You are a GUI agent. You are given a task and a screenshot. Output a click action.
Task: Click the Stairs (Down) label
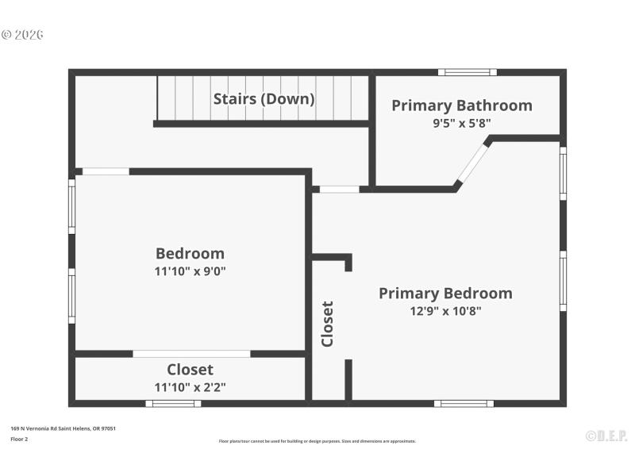264,99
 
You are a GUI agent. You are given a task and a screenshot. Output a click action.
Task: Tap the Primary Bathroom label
461,106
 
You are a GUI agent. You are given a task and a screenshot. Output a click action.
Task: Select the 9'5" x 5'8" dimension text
461,123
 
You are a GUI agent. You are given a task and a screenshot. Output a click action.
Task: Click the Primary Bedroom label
445,293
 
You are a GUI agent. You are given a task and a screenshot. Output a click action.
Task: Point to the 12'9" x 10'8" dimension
445,311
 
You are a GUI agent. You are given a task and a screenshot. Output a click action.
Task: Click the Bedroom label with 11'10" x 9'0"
190,253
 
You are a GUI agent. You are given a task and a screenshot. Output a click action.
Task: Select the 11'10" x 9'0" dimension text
190,271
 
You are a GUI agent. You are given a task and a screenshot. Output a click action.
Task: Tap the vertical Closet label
327,324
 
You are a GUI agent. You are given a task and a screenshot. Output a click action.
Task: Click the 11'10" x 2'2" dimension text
190,387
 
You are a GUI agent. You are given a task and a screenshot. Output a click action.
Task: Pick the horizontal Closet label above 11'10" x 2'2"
190,370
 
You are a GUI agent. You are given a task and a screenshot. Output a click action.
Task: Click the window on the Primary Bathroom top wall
468,72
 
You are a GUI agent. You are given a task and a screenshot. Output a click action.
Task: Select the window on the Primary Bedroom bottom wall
464,403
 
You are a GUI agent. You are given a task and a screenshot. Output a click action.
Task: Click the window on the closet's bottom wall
173,403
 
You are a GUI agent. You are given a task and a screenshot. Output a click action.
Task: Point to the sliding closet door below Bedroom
191,354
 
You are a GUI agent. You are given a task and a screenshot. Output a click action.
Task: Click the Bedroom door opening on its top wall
106,171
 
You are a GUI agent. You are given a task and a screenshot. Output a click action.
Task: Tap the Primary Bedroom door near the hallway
339,189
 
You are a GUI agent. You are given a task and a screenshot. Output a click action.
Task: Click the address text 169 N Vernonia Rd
63,428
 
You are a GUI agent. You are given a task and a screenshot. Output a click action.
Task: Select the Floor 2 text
19,439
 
